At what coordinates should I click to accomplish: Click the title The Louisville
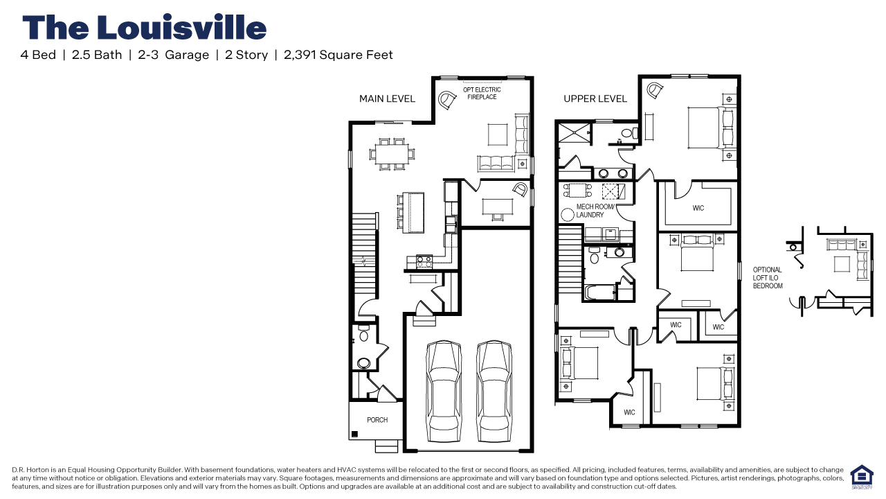pyautogui.click(x=144, y=28)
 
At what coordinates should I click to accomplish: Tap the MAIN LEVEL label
pyautogui.click(x=387, y=99)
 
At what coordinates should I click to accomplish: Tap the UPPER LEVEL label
pyautogui.click(x=595, y=99)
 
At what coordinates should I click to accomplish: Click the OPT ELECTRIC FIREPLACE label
pyautogui.click(x=482, y=94)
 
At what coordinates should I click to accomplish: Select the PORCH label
pyautogui.click(x=377, y=420)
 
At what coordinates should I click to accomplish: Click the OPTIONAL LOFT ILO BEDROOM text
pyautogui.click(x=768, y=278)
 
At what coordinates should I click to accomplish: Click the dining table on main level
pyautogui.click(x=392, y=154)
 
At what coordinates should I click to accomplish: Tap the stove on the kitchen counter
pyautogui.click(x=424, y=261)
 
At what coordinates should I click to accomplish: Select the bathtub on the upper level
pyautogui.click(x=600, y=292)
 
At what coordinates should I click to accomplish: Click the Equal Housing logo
pyautogui.click(x=861, y=477)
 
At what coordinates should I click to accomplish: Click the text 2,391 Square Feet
pyautogui.click(x=338, y=55)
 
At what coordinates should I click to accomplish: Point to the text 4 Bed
pyautogui.click(x=38, y=55)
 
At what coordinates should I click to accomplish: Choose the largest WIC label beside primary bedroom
pyautogui.click(x=698, y=208)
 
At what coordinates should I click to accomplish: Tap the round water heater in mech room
pyautogui.click(x=567, y=213)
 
